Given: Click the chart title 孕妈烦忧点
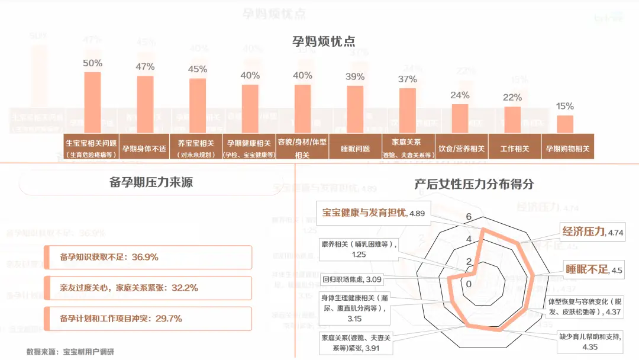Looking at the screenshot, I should click(x=323, y=41).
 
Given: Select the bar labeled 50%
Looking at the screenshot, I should click(x=92, y=104).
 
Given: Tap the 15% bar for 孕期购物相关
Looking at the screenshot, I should click(x=565, y=125).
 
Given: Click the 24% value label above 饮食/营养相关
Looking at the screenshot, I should click(x=460, y=95).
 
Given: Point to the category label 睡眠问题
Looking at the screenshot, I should click(x=355, y=149).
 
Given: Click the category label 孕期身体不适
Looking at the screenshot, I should click(x=144, y=149).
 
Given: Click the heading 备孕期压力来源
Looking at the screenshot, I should click(x=151, y=182).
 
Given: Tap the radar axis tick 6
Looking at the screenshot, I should click(x=469, y=217).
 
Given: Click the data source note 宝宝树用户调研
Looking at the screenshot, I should click(x=88, y=352).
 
